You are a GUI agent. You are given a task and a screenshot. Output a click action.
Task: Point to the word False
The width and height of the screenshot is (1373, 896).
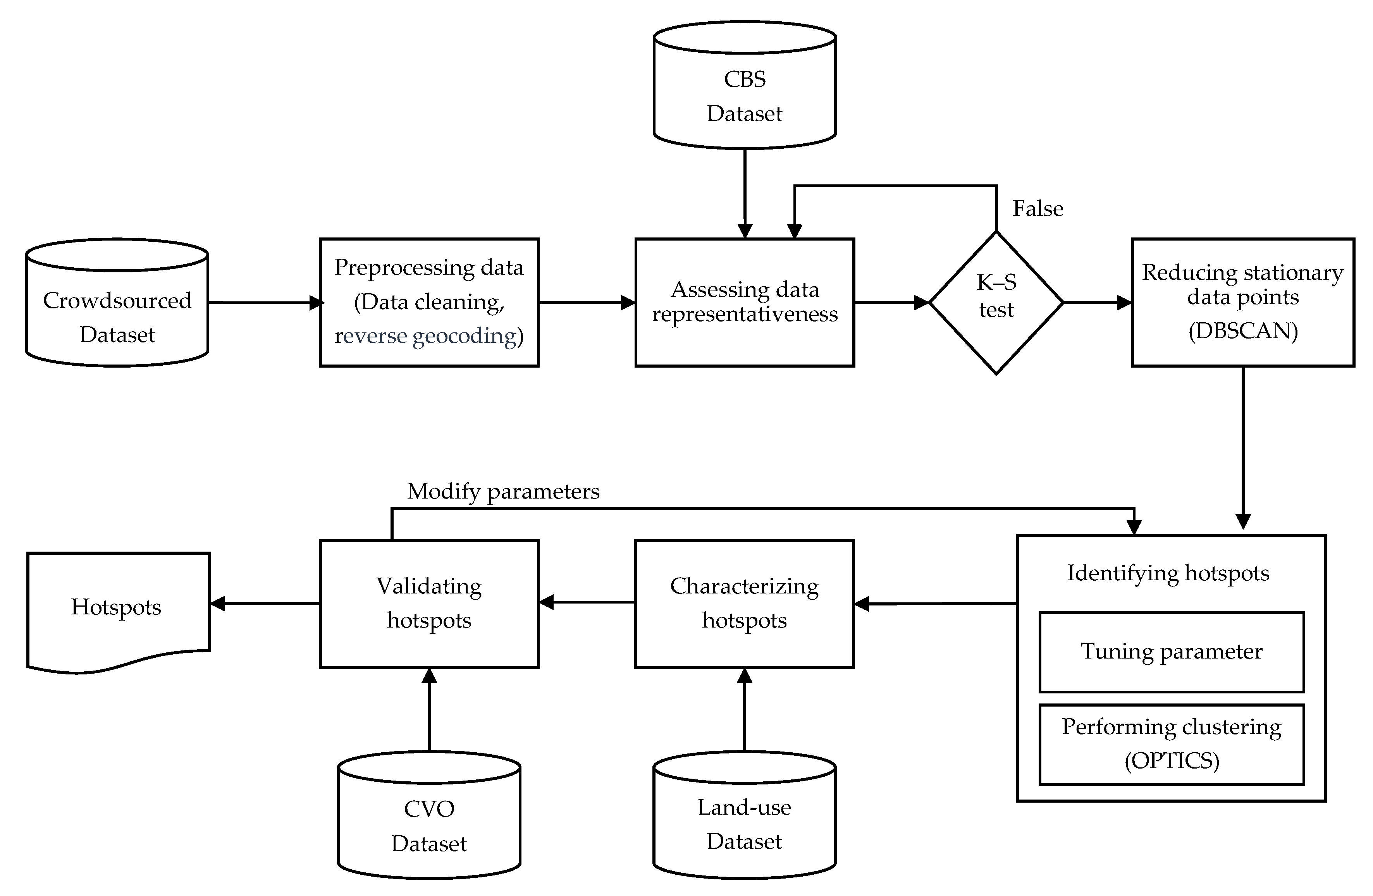pos(1037,208)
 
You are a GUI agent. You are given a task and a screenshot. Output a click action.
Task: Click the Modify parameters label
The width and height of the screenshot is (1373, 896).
pos(503,491)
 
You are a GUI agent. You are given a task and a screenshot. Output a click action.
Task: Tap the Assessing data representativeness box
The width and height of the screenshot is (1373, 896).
pos(744,302)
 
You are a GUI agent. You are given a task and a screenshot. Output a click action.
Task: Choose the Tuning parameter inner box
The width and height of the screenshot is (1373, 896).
pos(1171,652)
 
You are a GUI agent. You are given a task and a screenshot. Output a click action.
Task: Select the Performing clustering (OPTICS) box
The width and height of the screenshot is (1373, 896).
pos(1171,744)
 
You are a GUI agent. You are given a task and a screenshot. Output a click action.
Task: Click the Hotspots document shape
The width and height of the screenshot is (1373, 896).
pos(117,607)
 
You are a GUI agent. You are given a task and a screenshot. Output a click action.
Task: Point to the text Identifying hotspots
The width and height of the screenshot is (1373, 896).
pos(1168,573)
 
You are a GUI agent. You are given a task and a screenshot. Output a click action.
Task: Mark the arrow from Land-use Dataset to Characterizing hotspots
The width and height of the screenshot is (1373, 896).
pos(745,710)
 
